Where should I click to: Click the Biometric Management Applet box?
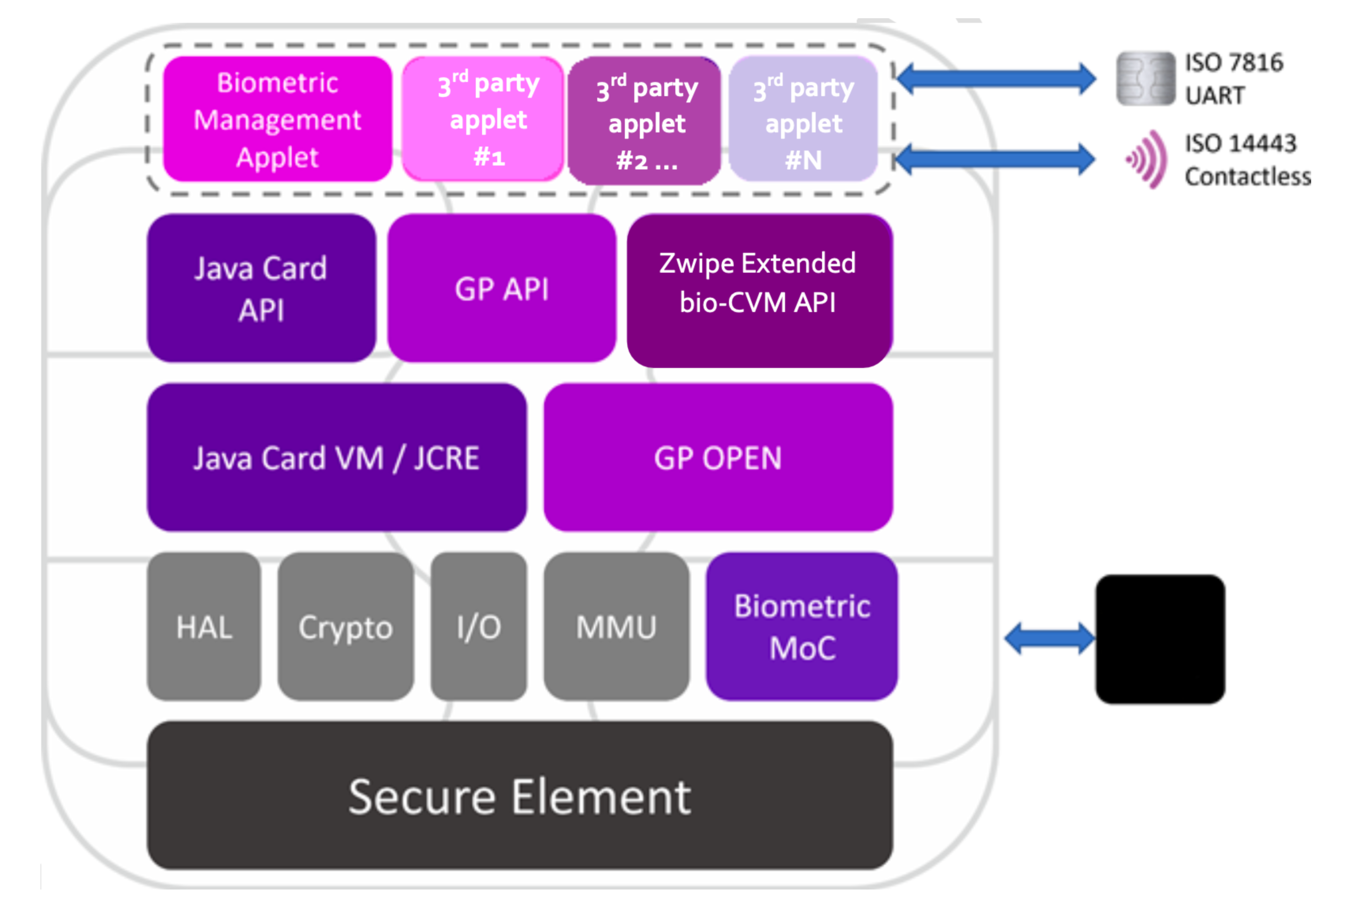(277, 119)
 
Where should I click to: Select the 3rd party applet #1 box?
(482, 119)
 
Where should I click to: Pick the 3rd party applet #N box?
(802, 119)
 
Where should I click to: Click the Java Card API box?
(261, 288)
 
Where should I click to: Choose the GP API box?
(501, 288)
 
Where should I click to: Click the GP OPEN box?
(717, 458)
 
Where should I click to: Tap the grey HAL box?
(204, 626)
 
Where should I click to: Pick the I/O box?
(479, 626)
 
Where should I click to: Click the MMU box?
(616, 626)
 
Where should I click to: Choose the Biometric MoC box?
(801, 626)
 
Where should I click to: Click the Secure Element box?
(519, 795)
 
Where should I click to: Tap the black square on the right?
(1160, 639)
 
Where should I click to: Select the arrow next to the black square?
(1049, 638)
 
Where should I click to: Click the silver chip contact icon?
(1145, 79)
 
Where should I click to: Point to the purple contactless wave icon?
(1147, 159)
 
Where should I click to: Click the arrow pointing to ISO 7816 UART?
(995, 78)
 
